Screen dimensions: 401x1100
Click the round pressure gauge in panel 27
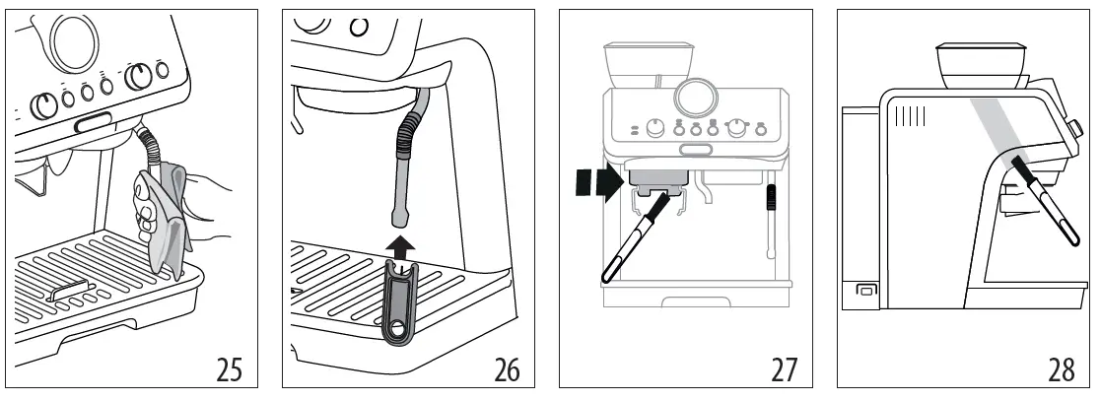[x=696, y=99]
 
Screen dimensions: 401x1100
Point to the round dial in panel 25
[x=72, y=39]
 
